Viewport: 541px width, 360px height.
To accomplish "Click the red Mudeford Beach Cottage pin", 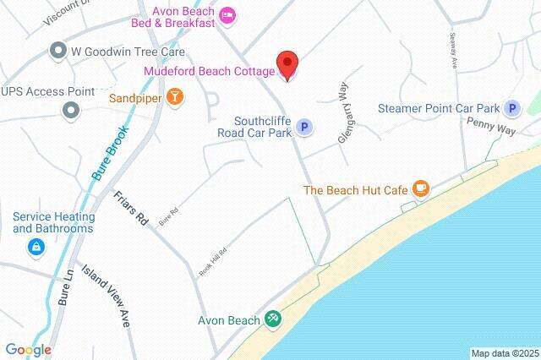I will (288, 64).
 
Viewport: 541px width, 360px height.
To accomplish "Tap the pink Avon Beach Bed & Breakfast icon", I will (226, 16).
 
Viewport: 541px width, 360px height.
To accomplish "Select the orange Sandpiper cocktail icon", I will (175, 98).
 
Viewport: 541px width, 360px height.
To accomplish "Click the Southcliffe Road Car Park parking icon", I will (306, 128).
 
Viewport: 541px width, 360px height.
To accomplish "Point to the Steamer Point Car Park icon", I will (511, 108).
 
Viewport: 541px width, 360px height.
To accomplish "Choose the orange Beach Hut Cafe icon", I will (420, 189).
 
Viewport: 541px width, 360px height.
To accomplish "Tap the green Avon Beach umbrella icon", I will (273, 319).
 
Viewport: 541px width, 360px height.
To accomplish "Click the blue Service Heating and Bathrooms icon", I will (36, 247).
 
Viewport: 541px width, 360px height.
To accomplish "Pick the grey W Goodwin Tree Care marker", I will (58, 51).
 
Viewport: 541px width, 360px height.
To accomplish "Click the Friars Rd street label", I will (130, 207).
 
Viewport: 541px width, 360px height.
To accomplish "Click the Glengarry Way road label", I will (344, 117).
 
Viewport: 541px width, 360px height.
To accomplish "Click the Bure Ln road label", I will (67, 286).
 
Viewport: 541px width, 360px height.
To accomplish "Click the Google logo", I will (28, 349).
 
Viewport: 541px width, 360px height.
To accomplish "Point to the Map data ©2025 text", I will (505, 353).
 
